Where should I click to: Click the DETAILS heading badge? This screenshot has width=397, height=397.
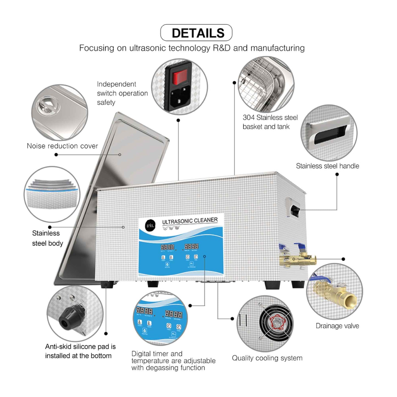196,33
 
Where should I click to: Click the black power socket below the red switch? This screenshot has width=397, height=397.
178,98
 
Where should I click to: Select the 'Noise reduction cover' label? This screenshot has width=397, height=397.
62,146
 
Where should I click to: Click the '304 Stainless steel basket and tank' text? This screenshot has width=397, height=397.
270,122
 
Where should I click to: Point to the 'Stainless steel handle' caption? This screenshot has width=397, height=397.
327,166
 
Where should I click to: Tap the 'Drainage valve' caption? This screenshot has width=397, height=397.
337,326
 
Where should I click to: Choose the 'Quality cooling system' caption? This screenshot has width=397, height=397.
267,358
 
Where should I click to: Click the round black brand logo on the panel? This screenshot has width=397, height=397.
150,225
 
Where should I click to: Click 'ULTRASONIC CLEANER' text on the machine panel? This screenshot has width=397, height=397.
190,221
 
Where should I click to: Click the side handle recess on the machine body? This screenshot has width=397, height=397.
295,211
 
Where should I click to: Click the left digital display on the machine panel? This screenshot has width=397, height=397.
167,247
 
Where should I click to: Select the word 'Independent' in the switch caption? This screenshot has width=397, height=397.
116,84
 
